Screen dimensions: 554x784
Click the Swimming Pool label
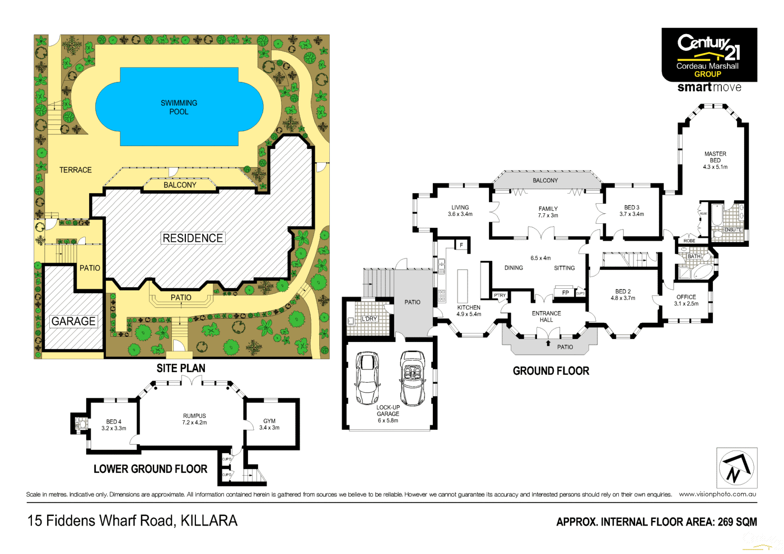179,107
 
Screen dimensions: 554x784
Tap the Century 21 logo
709,55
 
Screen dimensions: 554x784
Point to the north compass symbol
736,468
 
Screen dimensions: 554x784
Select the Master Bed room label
715,160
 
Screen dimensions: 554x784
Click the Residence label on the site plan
193,238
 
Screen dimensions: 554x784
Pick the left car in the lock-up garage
367,378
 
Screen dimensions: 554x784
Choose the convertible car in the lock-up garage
413,378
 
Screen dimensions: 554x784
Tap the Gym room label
269,424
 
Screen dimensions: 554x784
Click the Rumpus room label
194,419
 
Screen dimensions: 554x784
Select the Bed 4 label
114,425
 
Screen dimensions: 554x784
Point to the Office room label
686,301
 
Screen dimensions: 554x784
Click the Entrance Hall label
546,317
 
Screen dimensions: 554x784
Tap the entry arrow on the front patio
548,343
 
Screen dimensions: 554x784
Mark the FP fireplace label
566,293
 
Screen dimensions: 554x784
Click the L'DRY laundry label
370,318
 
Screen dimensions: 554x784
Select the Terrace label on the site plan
76,170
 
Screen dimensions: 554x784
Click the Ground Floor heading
551,371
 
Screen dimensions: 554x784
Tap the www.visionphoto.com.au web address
717,494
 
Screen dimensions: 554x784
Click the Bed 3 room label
632,210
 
